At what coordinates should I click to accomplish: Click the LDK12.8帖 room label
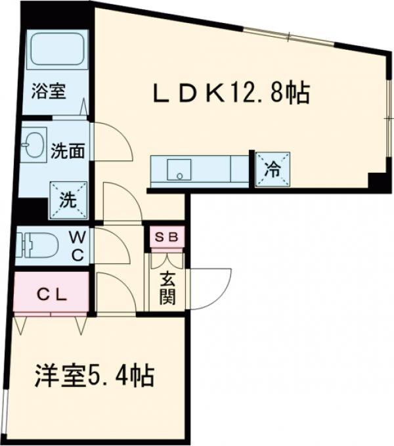pyautogui.click(x=231, y=95)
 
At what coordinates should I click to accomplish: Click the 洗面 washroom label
pyautogui.click(x=67, y=150)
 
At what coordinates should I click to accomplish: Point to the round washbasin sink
pyautogui.click(x=32, y=143)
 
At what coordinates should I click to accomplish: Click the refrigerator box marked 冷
pyautogui.click(x=272, y=169)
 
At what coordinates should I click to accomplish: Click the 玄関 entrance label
pyautogui.click(x=167, y=287)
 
